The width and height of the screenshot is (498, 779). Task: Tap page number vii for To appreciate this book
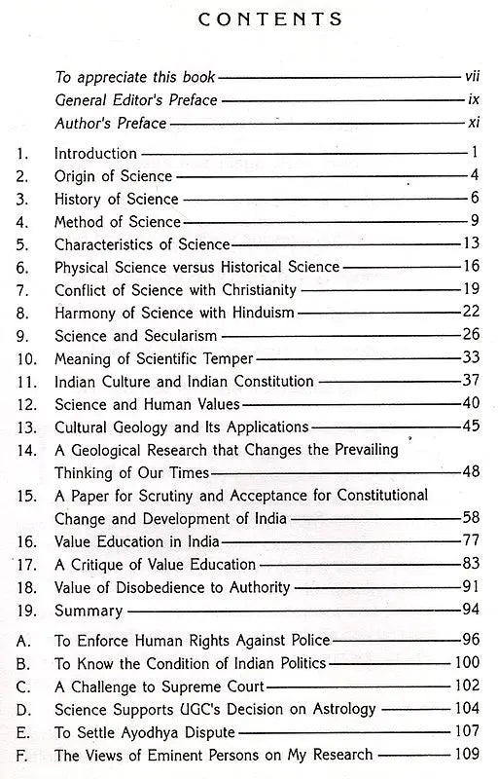click(470, 75)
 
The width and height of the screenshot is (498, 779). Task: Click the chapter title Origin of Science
click(113, 176)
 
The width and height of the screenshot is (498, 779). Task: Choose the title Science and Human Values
click(133, 403)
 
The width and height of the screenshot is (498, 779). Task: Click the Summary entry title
click(89, 612)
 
